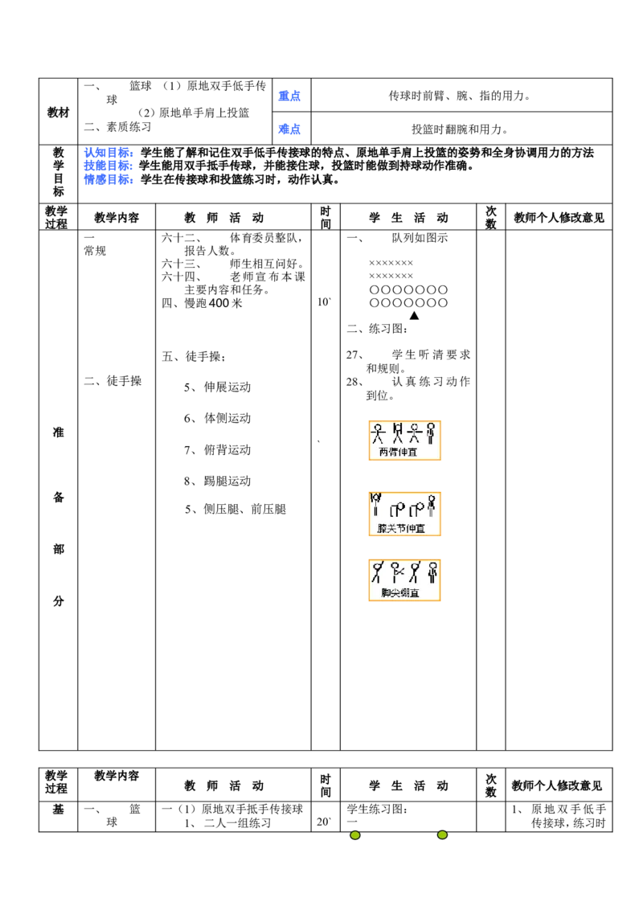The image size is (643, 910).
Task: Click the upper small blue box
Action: tap(289, 96)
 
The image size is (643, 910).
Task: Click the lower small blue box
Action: tap(289, 129)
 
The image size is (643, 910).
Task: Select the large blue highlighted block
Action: tap(109, 166)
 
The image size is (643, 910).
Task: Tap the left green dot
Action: tap(354, 835)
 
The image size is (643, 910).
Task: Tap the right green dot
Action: tap(443, 835)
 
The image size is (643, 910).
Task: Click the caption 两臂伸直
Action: tap(398, 452)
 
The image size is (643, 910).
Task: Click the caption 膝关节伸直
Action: tap(401, 528)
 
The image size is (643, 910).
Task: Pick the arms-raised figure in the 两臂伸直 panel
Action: tap(397, 433)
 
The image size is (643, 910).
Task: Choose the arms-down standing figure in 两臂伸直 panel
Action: tap(431, 433)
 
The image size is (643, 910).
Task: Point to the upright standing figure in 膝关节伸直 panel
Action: tap(432, 506)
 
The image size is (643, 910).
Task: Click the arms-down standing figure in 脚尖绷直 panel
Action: tap(432, 572)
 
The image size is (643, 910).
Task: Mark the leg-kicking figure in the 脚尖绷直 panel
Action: tap(396, 572)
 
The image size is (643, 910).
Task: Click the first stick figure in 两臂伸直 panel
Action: tap(378, 433)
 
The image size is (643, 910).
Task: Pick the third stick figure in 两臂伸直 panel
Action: tap(415, 433)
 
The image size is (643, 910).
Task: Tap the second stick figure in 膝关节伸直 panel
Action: tap(397, 510)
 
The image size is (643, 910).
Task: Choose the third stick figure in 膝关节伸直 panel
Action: tap(416, 510)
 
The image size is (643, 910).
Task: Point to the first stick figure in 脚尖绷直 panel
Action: tap(377, 572)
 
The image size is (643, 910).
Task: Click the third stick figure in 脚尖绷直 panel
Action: tap(415, 572)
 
